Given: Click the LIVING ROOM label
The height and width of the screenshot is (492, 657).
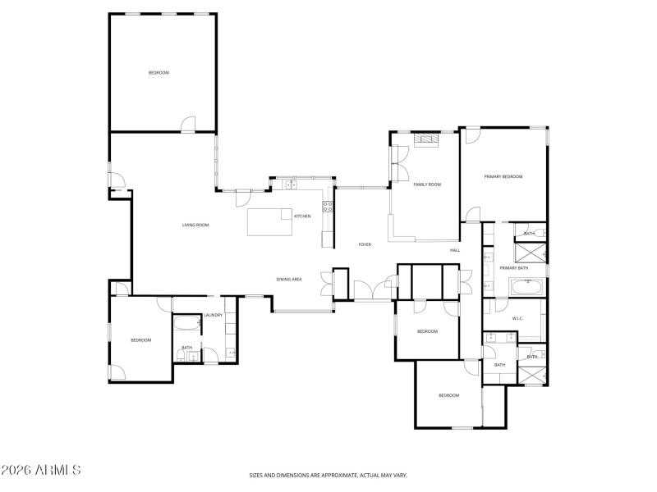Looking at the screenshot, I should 195,225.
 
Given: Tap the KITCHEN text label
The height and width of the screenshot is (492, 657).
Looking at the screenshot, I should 302,216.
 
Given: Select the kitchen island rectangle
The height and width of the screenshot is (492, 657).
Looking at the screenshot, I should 270,221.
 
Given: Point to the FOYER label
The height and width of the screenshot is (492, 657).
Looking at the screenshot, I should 365,244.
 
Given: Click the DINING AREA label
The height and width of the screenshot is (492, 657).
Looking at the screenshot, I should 289,280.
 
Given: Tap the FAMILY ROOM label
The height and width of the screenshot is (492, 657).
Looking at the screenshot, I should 427,184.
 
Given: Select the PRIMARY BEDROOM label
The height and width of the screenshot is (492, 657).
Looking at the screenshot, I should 503,176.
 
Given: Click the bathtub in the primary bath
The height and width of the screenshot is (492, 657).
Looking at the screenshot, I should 526,288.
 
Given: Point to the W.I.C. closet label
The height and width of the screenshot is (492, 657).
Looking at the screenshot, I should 518,318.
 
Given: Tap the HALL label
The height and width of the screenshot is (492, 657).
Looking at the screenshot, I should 454,250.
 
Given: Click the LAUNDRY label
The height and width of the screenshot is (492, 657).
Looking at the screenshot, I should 214,315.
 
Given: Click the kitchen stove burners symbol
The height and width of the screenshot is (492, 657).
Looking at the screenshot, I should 328,207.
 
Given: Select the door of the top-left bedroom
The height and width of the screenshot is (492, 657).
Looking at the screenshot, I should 188,124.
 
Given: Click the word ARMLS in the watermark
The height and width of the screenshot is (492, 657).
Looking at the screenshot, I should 56,470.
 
